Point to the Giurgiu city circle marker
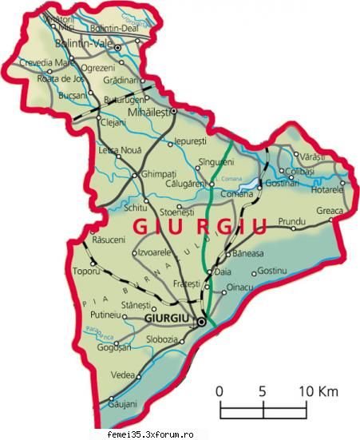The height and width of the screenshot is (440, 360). point(201,322)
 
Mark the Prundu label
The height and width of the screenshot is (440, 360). point(291,220)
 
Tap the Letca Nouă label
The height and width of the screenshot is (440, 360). point(117,149)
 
